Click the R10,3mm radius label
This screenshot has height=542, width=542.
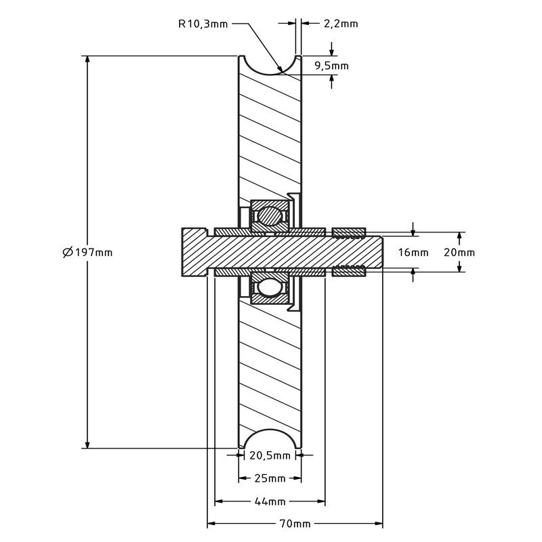tap(203, 24)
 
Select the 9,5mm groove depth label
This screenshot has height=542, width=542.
tap(332, 66)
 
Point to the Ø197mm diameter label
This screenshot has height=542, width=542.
tap(87, 252)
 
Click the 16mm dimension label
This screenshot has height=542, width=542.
tap(413, 253)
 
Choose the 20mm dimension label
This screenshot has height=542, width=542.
tap(459, 253)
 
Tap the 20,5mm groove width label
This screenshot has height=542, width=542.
tap(270, 456)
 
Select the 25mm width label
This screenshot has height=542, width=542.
tap(270, 478)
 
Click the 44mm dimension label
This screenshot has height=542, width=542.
tap(270, 501)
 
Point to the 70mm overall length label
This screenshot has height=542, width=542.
tap(295, 524)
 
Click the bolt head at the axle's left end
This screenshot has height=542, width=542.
tap(194, 252)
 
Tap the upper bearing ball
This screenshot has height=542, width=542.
tap(270, 216)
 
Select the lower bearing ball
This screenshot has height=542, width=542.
tap(270, 287)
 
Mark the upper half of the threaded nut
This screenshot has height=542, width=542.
tap(349, 233)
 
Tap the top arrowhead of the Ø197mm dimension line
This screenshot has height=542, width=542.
tap(87, 60)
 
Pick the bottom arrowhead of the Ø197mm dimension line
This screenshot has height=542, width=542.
tap(87, 444)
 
